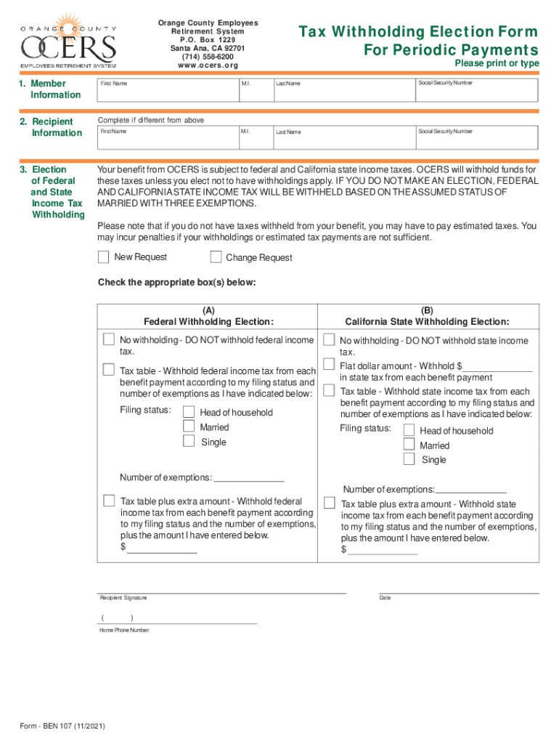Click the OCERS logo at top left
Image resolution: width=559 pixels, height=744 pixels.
[x=68, y=41]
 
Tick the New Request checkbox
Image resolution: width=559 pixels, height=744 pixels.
[x=103, y=256]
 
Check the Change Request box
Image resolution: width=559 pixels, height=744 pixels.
[x=216, y=256]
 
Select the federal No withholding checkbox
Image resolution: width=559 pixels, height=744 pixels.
[x=109, y=339]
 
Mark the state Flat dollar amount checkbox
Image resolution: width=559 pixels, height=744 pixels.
[x=329, y=365]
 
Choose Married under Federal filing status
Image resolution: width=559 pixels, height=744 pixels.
[x=189, y=426]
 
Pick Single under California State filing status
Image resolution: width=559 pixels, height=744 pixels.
[x=409, y=459]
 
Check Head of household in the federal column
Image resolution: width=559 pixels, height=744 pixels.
[x=189, y=412]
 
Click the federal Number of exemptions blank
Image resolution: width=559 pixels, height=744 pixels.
[x=249, y=477]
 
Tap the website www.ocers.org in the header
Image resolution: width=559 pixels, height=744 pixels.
[x=208, y=65]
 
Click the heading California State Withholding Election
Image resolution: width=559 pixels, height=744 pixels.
[x=427, y=322]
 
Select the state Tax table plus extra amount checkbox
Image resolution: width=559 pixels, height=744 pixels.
[x=329, y=503]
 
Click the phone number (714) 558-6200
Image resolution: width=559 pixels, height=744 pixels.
[x=208, y=57]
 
